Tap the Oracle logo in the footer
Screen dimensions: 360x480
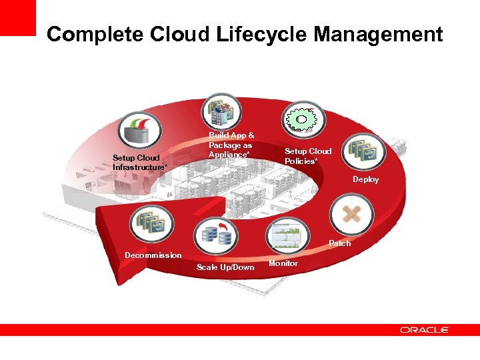pyautogui.click(x=425, y=329)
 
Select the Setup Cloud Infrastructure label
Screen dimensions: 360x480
pyautogui.click(x=140, y=163)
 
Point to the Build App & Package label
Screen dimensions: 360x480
pyautogui.click(x=231, y=145)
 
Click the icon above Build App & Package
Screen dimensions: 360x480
pyautogui.click(x=222, y=111)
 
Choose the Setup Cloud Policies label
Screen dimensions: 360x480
pyautogui.click(x=307, y=156)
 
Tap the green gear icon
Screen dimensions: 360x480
pyautogui.click(x=303, y=118)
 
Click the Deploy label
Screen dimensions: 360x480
pyautogui.click(x=365, y=179)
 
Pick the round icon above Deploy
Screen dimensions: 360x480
pyautogui.click(x=365, y=151)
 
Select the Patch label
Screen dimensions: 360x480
pyautogui.click(x=339, y=243)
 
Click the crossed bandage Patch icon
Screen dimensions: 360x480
pyautogui.click(x=351, y=215)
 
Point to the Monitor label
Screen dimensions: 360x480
pyautogui.click(x=283, y=264)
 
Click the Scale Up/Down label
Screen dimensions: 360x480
pyautogui.click(x=225, y=267)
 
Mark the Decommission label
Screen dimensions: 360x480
pyautogui.click(x=153, y=255)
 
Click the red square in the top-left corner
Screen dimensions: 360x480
pyautogui.click(x=17, y=17)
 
